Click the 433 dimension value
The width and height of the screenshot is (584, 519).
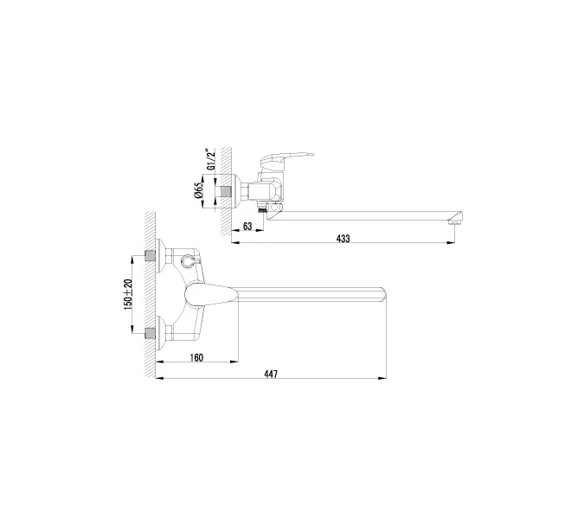pyautogui.click(x=343, y=240)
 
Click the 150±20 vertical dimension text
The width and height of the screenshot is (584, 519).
pyautogui.click(x=128, y=295)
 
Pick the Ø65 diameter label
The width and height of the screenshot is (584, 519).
pyautogui.click(x=199, y=190)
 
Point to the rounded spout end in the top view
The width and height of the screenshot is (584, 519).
pyautogui.click(x=381, y=295)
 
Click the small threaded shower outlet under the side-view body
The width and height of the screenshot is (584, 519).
pyautogui.click(x=260, y=209)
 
